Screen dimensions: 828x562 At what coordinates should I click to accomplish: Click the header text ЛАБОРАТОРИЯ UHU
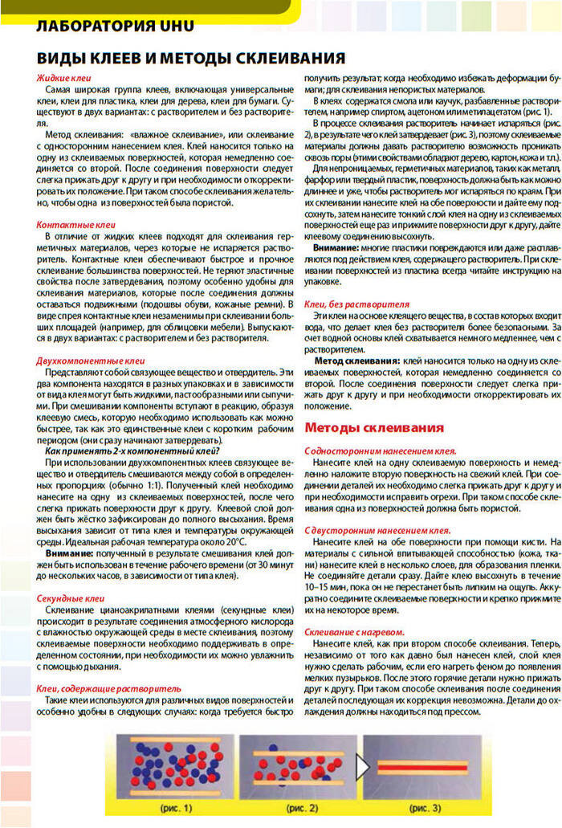click(x=116, y=26)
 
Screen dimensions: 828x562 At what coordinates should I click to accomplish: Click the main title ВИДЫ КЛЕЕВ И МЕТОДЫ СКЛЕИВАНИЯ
click(x=191, y=59)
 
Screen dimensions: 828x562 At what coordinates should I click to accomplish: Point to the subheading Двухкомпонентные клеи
click(x=91, y=361)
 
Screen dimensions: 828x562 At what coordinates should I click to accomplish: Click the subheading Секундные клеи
click(x=71, y=599)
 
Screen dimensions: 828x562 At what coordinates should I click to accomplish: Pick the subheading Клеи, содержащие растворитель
click(x=108, y=689)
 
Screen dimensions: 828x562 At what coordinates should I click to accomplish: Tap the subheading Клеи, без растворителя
click(x=356, y=305)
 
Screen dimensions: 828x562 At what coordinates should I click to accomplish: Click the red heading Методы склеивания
click(x=374, y=427)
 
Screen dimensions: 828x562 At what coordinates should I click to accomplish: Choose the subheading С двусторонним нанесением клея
click(x=377, y=531)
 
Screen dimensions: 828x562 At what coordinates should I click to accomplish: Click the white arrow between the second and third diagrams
click(x=361, y=767)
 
